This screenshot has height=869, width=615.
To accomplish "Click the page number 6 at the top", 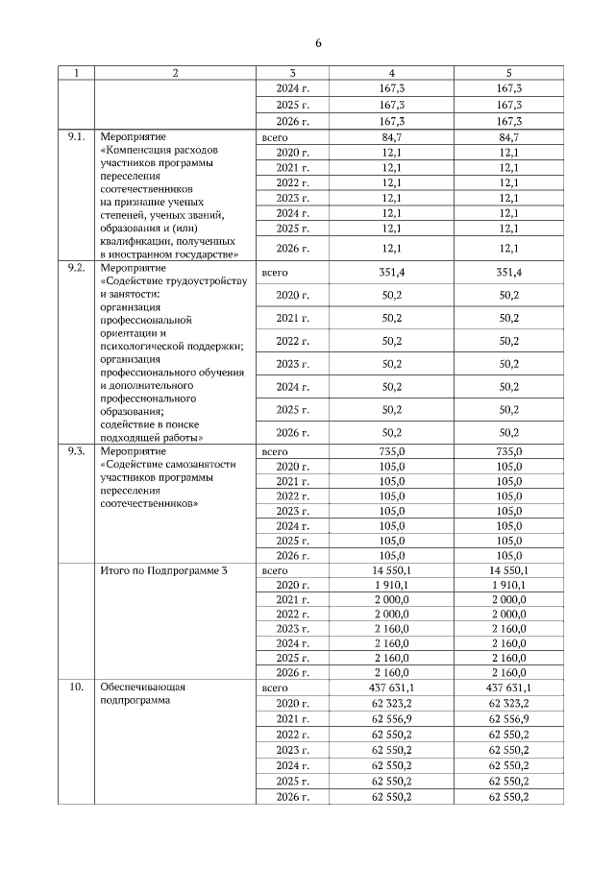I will (x=318, y=42).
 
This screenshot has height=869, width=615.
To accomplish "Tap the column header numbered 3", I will (x=292, y=73).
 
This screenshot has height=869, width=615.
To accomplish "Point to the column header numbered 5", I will (x=509, y=73).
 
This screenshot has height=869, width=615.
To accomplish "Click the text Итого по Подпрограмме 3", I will (x=163, y=569).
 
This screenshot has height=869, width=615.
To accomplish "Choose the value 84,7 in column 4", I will (x=391, y=138).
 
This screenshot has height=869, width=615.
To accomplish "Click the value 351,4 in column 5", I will (x=509, y=273).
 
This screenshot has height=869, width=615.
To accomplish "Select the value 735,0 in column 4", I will (x=391, y=450).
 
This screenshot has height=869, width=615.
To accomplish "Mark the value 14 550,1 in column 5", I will (x=509, y=569).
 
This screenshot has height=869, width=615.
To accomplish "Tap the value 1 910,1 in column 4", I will (x=391, y=584).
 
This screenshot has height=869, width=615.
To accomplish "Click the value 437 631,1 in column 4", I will (x=391, y=688).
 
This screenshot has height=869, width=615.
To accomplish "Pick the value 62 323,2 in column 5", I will (x=509, y=704).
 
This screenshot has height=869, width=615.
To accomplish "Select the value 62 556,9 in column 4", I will (x=391, y=718).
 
